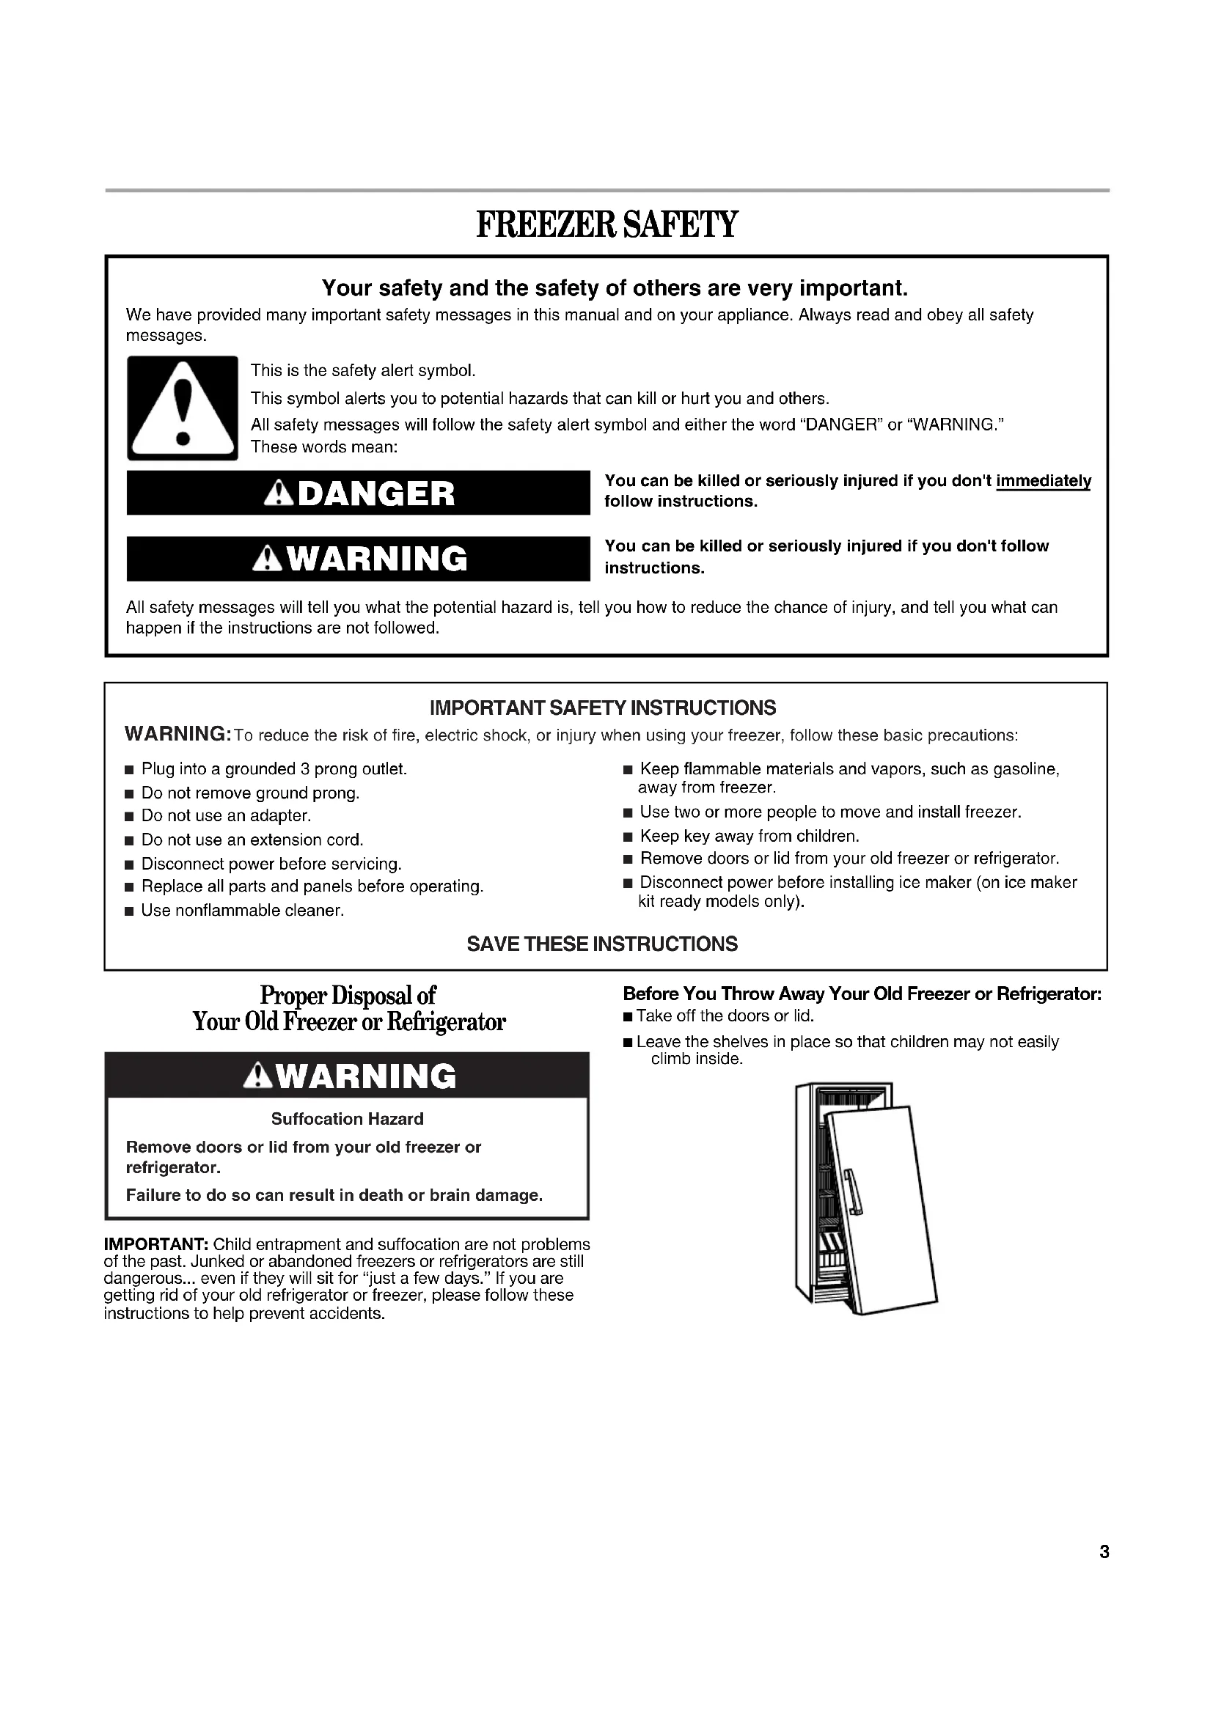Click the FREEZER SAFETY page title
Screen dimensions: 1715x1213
606,224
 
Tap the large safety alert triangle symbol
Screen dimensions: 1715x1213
183,409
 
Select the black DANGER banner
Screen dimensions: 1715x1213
359,493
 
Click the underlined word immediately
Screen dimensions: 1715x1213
1043,481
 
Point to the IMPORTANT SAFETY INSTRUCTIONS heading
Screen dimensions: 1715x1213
603,708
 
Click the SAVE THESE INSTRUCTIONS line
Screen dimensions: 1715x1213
602,944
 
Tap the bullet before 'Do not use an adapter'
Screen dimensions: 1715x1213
129,816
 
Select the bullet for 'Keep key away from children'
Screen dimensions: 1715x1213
628,837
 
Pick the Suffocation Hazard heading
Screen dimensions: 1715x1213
348,1119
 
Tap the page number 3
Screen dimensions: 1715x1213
1104,1552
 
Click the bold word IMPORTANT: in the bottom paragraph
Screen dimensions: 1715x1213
156,1244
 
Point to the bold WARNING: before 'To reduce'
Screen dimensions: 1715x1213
177,733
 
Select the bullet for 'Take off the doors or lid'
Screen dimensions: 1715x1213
629,1016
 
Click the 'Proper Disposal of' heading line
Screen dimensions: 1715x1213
348,996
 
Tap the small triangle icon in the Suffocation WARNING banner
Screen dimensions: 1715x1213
257,1076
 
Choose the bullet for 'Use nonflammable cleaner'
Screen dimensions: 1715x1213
129,911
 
